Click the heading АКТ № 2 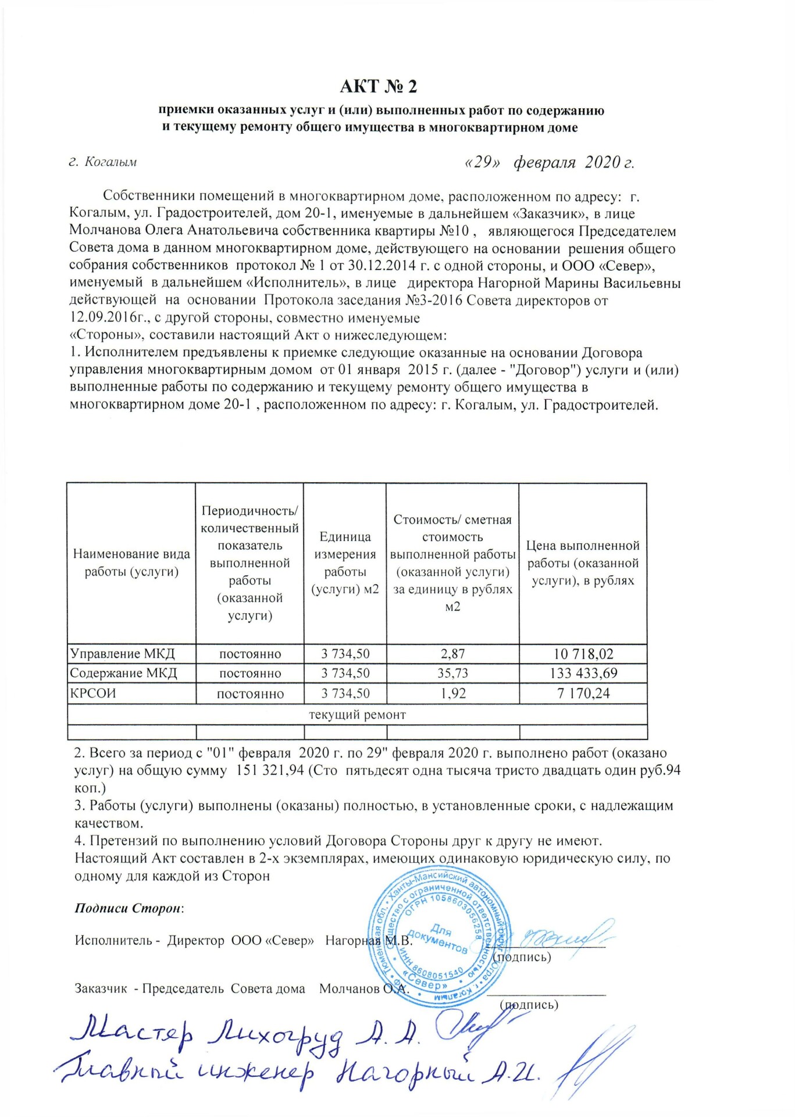pyautogui.click(x=379, y=87)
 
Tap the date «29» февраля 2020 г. pyautogui.click(x=549, y=162)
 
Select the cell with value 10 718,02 pyautogui.click(x=583, y=654)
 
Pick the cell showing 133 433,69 pyautogui.click(x=583, y=674)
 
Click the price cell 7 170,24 pyautogui.click(x=583, y=693)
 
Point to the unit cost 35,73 pyautogui.click(x=452, y=674)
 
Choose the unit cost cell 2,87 pyautogui.click(x=452, y=654)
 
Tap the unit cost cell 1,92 pyautogui.click(x=452, y=693)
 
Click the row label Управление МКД pyautogui.click(x=122, y=654)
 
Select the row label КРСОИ pyautogui.click(x=93, y=693)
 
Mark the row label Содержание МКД pyautogui.click(x=123, y=674)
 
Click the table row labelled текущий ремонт pyautogui.click(x=357, y=714)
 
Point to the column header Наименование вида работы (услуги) pyautogui.click(x=131, y=563)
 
